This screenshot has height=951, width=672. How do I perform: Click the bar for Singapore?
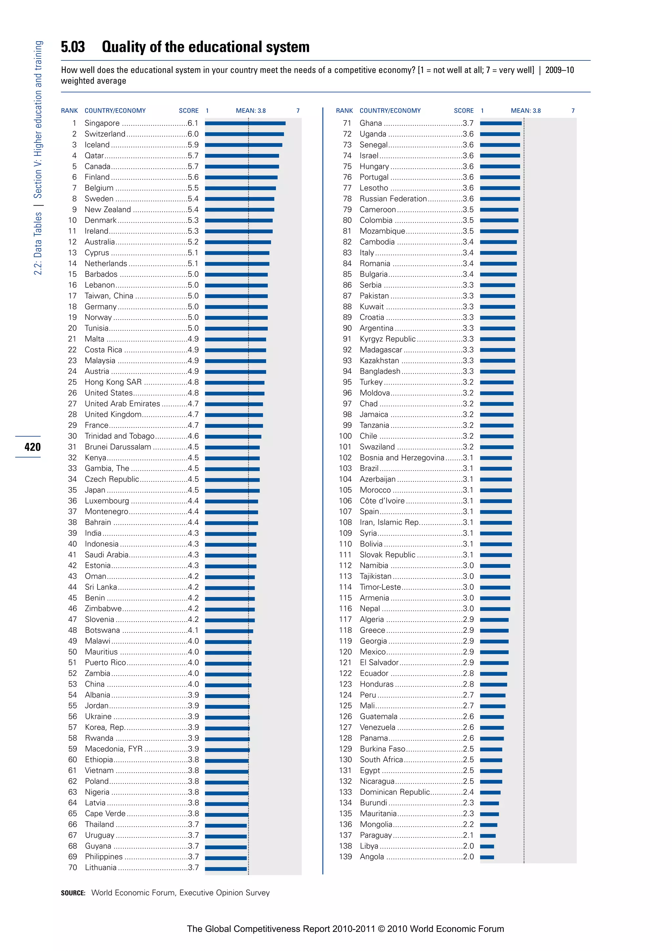pos(245,123)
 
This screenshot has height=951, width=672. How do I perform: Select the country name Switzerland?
pos(105,134)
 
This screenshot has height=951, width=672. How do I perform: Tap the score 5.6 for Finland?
pos(193,177)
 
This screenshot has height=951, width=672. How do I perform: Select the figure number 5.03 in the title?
pos(73,47)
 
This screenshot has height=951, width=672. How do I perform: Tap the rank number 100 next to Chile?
pos(345,436)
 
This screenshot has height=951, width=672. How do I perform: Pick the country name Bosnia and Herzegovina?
pos(401,458)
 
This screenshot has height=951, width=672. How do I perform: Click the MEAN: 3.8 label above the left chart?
pos(250,111)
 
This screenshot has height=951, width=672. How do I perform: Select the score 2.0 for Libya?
pos(468,846)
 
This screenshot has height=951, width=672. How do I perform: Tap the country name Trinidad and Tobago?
pos(119,436)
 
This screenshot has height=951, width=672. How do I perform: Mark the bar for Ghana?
pos(501,123)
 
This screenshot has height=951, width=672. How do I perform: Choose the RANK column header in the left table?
pos(69,111)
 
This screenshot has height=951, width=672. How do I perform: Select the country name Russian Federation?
pos(393,199)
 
